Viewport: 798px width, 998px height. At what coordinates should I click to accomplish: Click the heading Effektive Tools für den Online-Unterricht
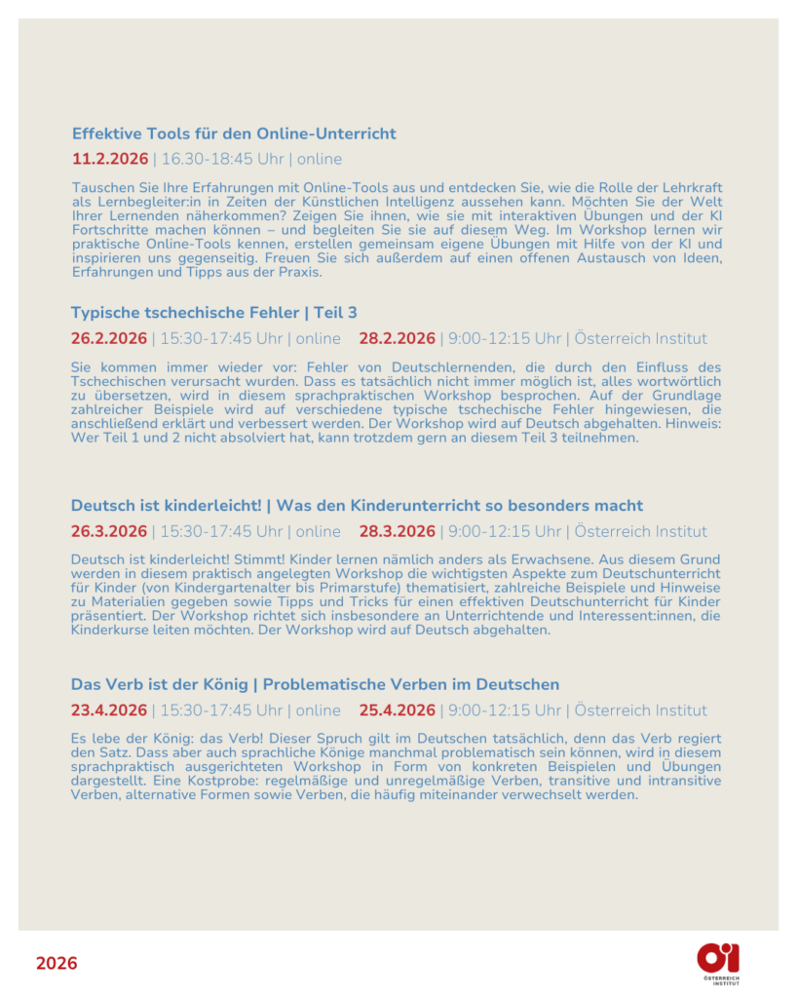coord(234,134)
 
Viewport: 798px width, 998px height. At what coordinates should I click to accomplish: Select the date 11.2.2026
coord(110,159)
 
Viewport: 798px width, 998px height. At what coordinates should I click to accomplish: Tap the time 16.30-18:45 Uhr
coord(223,159)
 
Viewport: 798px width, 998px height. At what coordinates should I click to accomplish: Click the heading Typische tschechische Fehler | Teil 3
coord(213,313)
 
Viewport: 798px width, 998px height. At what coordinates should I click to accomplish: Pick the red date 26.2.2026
coord(109,339)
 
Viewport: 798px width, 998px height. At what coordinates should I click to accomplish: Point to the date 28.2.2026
coord(397,339)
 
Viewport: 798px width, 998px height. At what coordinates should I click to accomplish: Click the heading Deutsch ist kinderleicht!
coord(166,506)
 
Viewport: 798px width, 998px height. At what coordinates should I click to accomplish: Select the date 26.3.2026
coord(109,532)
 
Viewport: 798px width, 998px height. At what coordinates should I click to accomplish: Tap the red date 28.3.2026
coord(397,532)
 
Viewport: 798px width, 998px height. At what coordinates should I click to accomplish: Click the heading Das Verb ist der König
coord(161,684)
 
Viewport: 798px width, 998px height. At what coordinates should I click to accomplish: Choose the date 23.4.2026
coord(109,710)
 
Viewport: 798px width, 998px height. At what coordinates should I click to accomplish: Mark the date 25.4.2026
coord(397,710)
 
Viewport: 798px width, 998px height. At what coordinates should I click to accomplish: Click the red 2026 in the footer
coord(57,964)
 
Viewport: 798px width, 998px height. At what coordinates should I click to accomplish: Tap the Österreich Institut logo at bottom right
coord(719,963)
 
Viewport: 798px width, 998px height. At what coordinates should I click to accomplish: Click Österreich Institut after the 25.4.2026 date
coord(640,710)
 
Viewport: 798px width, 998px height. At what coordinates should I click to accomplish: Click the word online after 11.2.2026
coord(320,159)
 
